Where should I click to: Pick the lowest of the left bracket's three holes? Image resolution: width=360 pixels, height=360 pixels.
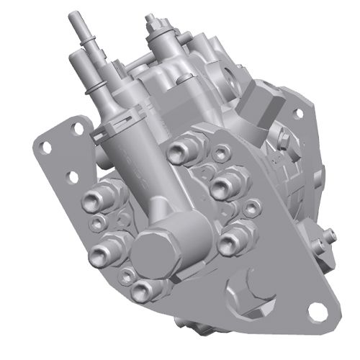(x=72, y=175)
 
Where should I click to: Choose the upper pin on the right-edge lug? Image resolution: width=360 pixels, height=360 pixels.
(x=328, y=233)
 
